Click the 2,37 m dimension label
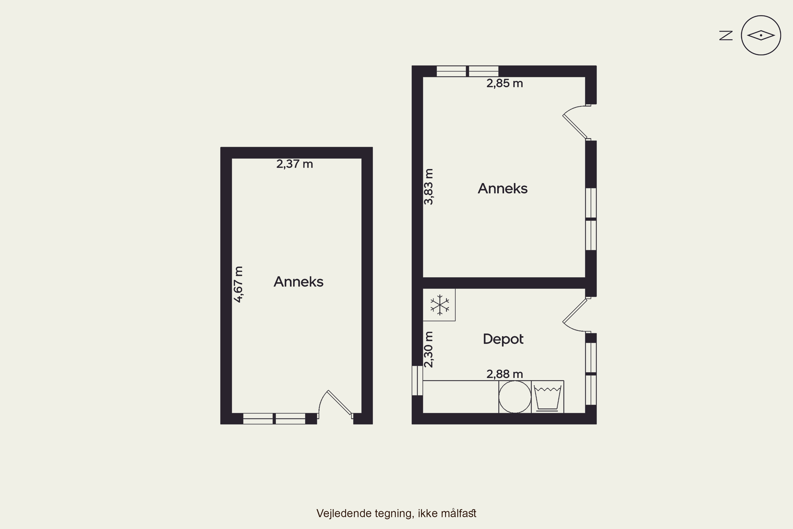295,164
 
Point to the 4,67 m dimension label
238,284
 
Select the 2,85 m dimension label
504,83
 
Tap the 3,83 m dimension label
428,186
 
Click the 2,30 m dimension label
428,349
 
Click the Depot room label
503,339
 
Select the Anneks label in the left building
298,282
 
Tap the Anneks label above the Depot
502,189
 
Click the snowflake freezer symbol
440,305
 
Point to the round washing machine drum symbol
515,397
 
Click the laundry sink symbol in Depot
547,398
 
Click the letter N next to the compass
726,35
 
